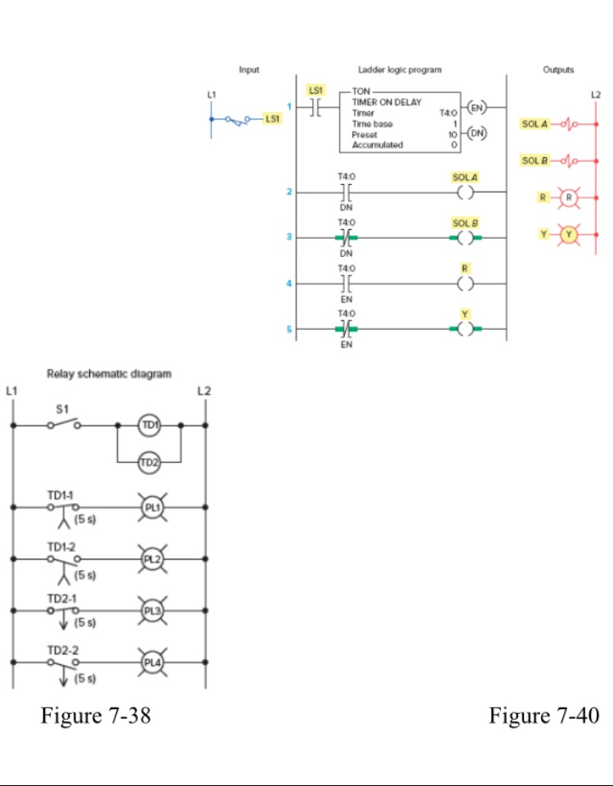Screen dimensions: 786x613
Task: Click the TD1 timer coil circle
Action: pyautogui.click(x=149, y=425)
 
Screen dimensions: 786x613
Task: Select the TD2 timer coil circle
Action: pyautogui.click(x=149, y=462)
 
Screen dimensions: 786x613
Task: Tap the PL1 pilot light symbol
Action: pyautogui.click(x=149, y=507)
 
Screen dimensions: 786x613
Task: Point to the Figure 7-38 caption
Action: pyautogui.click(x=96, y=716)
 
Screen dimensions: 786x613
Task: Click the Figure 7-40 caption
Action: pyautogui.click(x=544, y=716)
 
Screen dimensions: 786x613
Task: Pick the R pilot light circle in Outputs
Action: pyautogui.click(x=570, y=198)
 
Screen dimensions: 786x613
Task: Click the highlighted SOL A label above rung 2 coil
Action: pyautogui.click(x=464, y=177)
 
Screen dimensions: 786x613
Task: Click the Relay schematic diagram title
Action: pyautogui.click(x=109, y=374)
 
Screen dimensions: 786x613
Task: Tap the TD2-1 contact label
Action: pyautogui.click(x=61, y=598)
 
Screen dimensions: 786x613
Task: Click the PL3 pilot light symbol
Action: pyautogui.click(x=149, y=609)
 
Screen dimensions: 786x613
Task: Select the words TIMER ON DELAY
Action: pyautogui.click(x=387, y=103)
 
